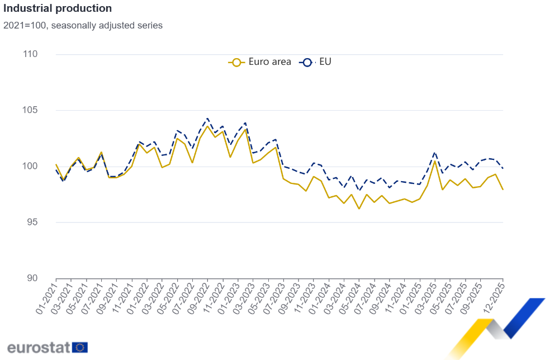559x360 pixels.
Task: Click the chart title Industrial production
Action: point(58,9)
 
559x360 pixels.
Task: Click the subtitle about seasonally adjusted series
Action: point(83,26)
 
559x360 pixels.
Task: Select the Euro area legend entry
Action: point(260,62)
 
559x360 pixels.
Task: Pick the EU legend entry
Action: point(316,62)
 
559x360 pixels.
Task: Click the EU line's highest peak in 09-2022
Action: point(207,119)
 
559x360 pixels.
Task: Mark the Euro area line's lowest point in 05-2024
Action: point(359,209)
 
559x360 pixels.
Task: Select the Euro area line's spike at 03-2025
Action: point(435,161)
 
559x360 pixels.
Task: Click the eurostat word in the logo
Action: point(39,347)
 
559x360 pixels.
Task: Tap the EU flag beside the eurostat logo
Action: point(80,347)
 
